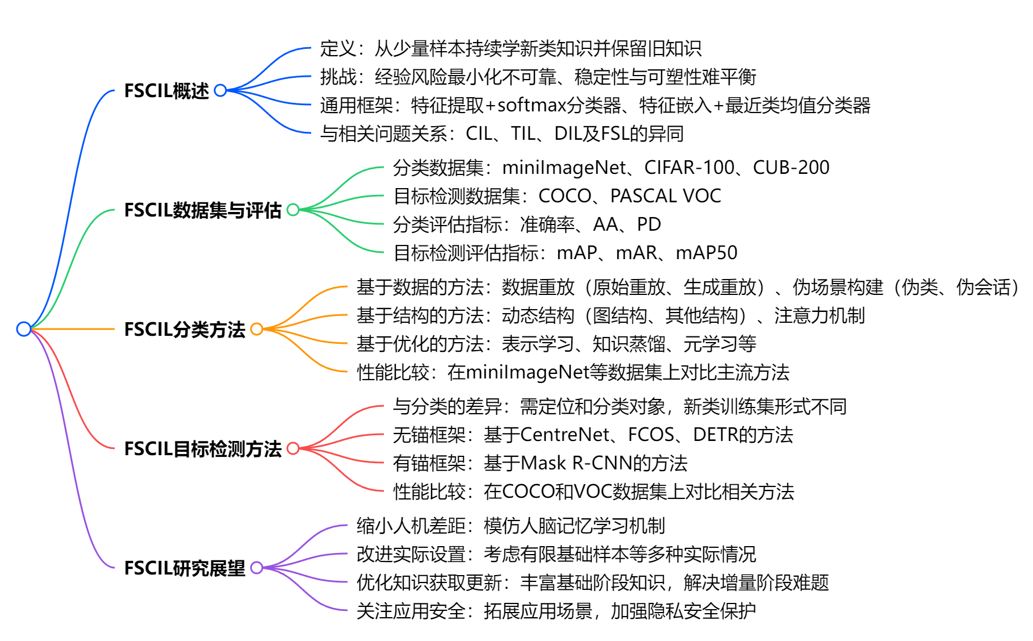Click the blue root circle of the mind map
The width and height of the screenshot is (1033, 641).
[24, 329]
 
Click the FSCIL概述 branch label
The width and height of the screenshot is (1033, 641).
[166, 91]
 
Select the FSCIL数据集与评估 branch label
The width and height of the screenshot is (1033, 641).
[203, 210]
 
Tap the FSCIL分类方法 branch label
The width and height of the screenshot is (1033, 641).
[185, 330]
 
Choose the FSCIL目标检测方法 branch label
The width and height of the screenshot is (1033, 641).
[203, 449]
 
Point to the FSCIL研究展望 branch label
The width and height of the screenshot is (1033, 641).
[185, 568]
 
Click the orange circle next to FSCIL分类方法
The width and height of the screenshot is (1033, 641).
[257, 329]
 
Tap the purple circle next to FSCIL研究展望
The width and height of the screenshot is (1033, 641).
[257, 568]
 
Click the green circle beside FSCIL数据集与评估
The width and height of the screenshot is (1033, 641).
[293, 210]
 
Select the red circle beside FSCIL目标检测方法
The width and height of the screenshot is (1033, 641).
[293, 448]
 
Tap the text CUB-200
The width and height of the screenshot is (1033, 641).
[791, 168]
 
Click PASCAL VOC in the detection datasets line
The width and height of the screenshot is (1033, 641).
[665, 196]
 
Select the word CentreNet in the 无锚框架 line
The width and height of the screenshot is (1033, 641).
[564, 435]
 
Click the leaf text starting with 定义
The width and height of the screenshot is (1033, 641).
[511, 48]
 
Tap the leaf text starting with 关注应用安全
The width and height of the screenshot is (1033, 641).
[556, 611]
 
